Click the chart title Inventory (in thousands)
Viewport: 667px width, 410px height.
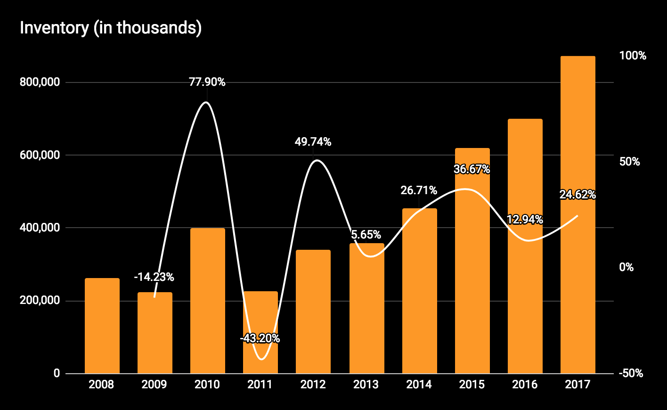click(x=111, y=28)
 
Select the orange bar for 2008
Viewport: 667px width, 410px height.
click(x=102, y=325)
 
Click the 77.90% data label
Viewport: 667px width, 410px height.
click(x=207, y=82)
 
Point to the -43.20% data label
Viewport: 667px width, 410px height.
click(x=260, y=338)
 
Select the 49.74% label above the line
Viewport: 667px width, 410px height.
click(x=313, y=141)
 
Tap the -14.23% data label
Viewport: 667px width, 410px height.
click(x=154, y=277)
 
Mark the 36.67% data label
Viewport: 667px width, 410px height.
click(x=472, y=169)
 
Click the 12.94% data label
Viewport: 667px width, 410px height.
click(x=525, y=219)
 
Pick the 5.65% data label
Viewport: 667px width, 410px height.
click(x=366, y=235)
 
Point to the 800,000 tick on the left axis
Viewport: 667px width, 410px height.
click(x=40, y=82)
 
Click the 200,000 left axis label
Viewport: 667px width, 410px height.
click(x=40, y=300)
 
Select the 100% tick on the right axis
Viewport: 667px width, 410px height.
click(x=633, y=56)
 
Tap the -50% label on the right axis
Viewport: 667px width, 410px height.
click(x=631, y=373)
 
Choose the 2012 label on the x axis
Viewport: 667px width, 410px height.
click(x=313, y=385)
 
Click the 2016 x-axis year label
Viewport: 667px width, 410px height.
click(x=525, y=385)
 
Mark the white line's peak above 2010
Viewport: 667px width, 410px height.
click(x=206, y=102)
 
